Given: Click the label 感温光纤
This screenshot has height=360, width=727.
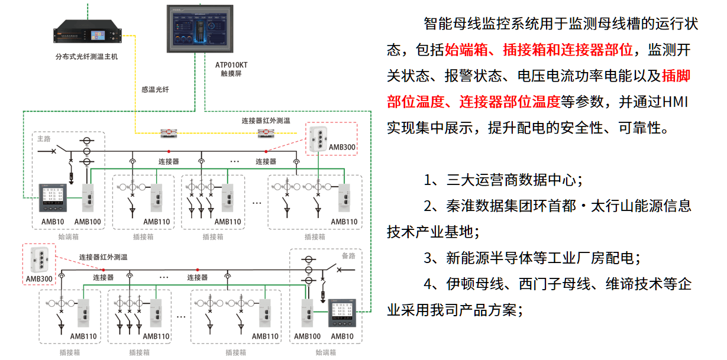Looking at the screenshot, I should click(155, 90).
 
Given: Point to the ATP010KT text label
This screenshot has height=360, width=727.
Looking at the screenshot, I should click(228, 64).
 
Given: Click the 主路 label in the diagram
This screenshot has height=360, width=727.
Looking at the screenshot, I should click(44, 139).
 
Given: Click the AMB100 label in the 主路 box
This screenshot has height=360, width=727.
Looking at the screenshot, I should click(88, 222).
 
